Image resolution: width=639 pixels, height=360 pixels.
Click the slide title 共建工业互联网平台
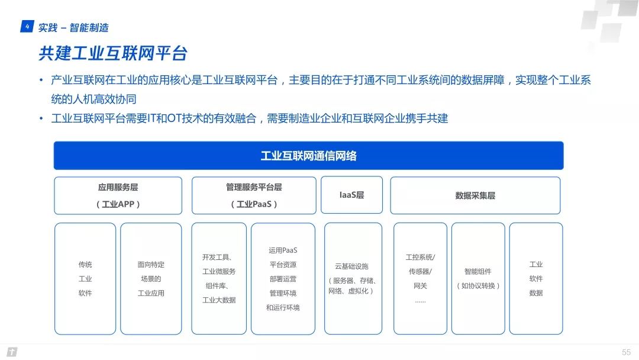pyautogui.click(x=113, y=53)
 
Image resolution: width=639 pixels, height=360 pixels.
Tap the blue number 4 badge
pyautogui.click(x=27, y=27)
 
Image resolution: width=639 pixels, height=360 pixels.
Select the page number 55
pyautogui.click(x=626, y=352)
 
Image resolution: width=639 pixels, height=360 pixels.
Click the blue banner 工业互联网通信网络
pyautogui.click(x=308, y=155)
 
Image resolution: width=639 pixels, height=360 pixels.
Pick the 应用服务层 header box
pyautogui.click(x=118, y=196)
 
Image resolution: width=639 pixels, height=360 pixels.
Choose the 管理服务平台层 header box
pyautogui.click(x=254, y=196)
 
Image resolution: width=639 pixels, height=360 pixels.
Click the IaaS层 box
pyautogui.click(x=351, y=195)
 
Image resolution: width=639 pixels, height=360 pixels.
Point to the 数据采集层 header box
pyautogui.click(x=475, y=196)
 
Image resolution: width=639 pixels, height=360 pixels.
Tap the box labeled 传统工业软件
pyautogui.click(x=85, y=279)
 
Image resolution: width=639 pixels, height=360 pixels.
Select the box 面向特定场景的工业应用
pyautogui.click(x=151, y=279)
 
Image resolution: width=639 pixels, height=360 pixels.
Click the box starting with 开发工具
pyautogui.click(x=220, y=279)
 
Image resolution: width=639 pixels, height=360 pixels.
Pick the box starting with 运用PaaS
pyautogui.click(x=283, y=279)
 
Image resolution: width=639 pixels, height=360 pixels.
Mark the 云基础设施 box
pyautogui.click(x=353, y=279)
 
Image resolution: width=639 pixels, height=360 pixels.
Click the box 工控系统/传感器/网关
pyautogui.click(x=420, y=279)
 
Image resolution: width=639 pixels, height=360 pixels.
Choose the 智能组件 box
pyautogui.click(x=478, y=279)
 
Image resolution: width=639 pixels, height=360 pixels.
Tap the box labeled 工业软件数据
pyautogui.click(x=536, y=279)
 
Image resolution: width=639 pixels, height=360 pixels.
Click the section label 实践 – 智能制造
pyautogui.click(x=73, y=28)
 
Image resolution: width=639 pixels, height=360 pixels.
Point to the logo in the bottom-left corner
pyautogui.click(x=12, y=352)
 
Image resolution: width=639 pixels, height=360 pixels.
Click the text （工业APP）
pyautogui.click(x=118, y=204)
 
